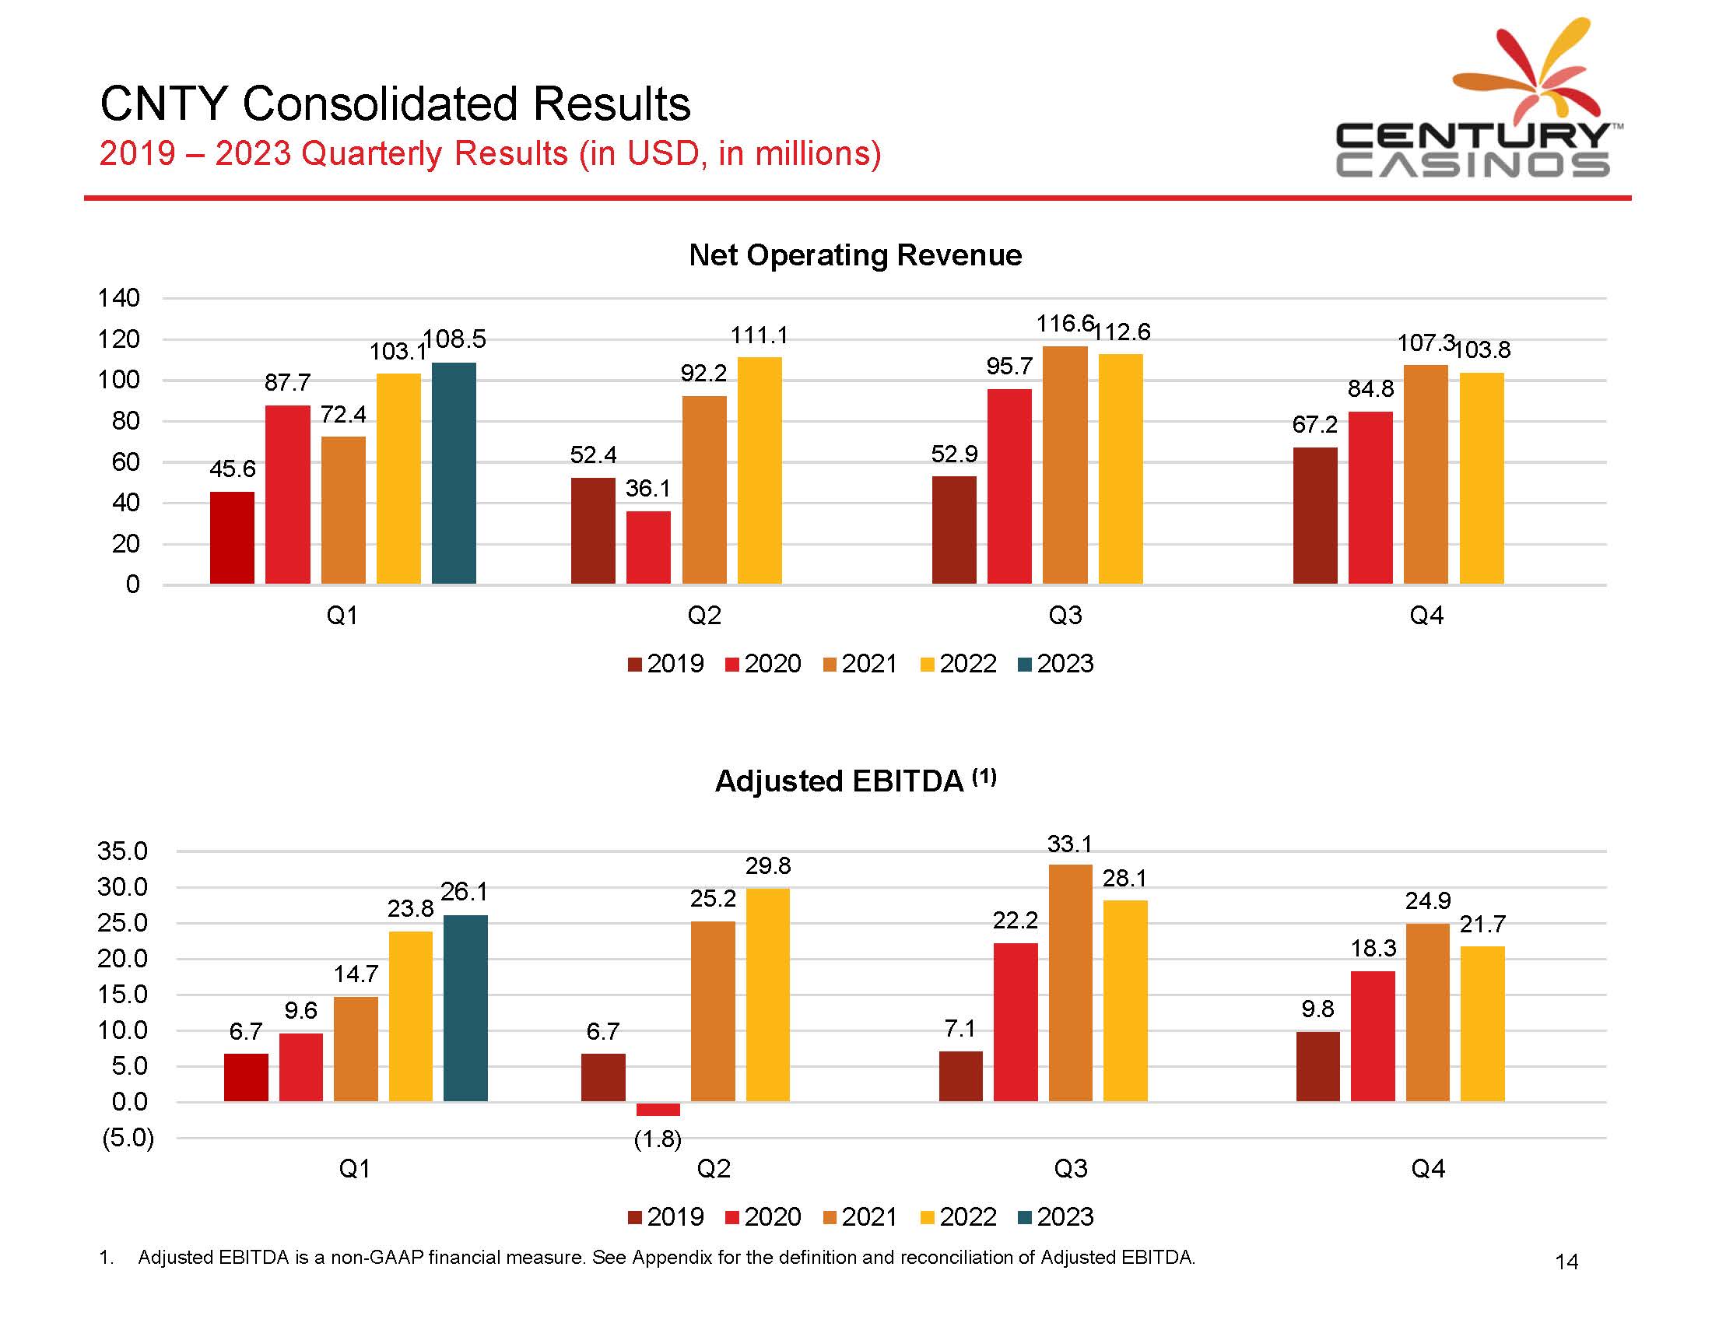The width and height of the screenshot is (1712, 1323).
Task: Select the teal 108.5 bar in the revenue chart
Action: [454, 472]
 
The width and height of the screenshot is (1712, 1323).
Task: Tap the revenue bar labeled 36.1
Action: [648, 547]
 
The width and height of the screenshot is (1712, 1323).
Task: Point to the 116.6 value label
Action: [1065, 324]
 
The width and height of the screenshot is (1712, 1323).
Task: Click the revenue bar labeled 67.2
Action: [1314, 515]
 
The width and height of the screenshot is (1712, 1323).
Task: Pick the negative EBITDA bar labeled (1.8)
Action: [658, 1109]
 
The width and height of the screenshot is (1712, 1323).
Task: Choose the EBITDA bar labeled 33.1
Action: [1070, 983]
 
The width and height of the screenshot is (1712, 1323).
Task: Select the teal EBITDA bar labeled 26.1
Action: [465, 1008]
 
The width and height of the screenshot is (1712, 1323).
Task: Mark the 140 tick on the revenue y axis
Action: [118, 298]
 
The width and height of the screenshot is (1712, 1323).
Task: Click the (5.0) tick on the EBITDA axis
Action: [128, 1137]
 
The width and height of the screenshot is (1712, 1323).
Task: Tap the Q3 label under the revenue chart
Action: [1065, 616]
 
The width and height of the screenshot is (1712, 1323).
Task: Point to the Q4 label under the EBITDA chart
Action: [1427, 1169]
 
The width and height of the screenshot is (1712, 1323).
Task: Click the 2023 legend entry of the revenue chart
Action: [1055, 664]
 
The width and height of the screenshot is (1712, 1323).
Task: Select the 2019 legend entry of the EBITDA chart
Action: [665, 1216]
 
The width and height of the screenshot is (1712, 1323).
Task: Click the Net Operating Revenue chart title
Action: [854, 255]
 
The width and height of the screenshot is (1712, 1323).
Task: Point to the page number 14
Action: [1566, 1262]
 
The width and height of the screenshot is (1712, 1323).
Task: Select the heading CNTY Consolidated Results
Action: [395, 104]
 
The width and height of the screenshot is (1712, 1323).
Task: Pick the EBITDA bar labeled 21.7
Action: [1482, 1023]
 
